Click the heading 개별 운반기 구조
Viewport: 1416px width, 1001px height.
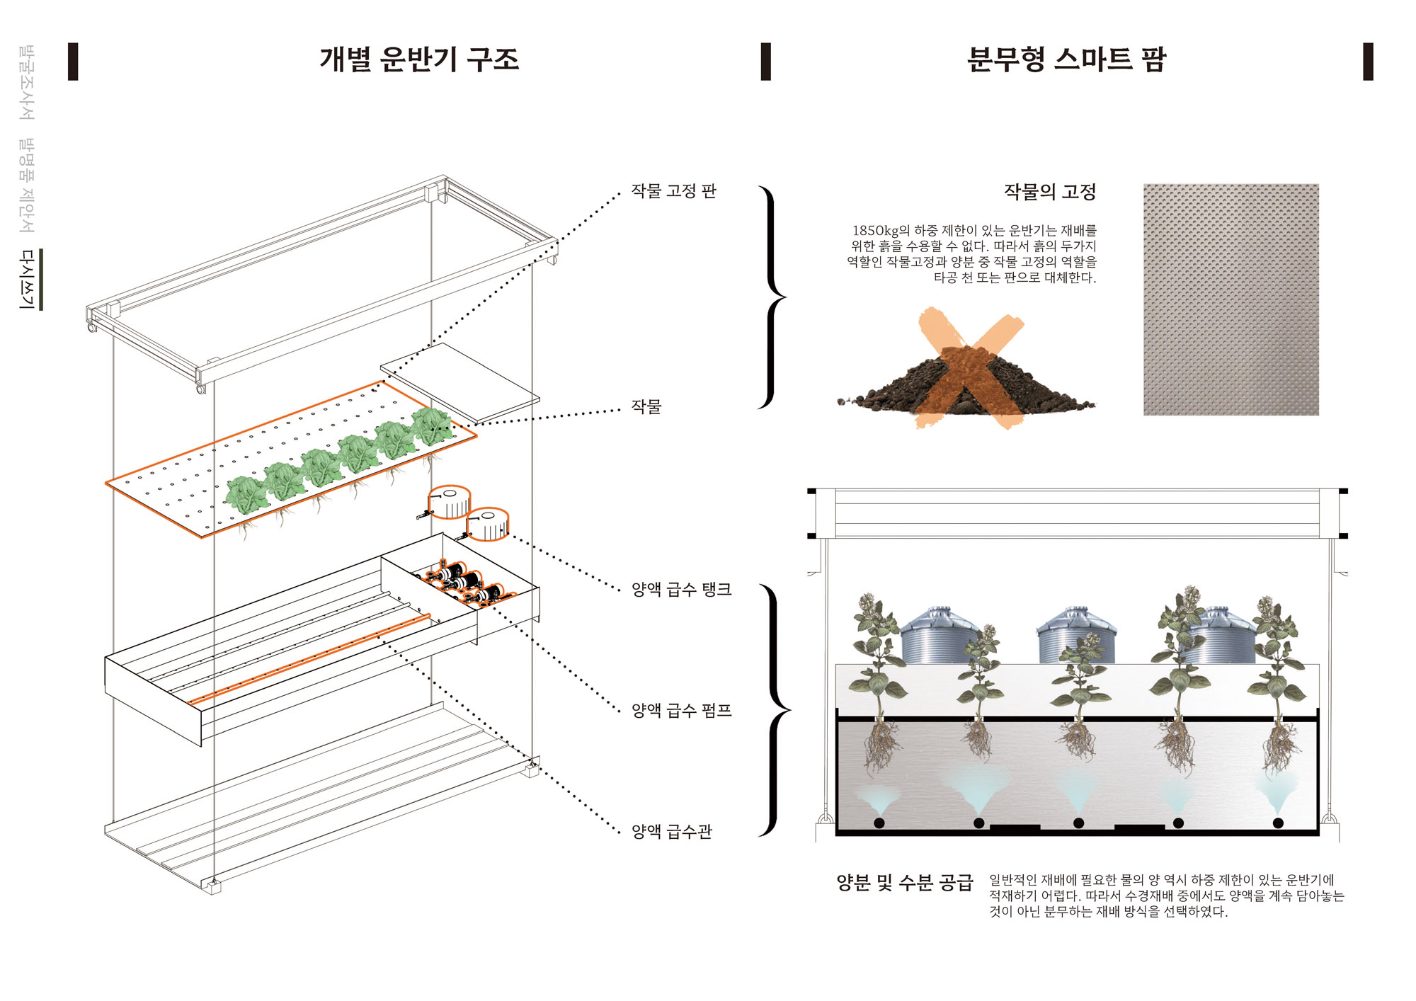[x=419, y=59]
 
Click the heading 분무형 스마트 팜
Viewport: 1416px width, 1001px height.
[x=1066, y=59]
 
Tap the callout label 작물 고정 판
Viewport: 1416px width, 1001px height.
[x=673, y=191]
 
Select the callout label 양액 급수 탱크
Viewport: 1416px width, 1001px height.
[x=681, y=589]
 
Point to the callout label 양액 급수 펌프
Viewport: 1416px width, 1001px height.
[x=681, y=710]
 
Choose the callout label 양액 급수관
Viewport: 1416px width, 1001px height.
[x=671, y=831]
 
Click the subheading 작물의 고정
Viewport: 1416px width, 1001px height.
[x=1049, y=192]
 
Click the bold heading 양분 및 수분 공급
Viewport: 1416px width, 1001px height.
[x=905, y=883]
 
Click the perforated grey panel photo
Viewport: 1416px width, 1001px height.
[x=1231, y=299]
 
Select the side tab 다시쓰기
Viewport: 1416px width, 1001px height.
[x=27, y=279]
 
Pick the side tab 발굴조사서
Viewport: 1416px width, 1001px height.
[x=27, y=82]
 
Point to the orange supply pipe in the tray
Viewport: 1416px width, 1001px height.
[x=309, y=660]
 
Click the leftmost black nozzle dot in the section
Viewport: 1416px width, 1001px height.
[x=879, y=823]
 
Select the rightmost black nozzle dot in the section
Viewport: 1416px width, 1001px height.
[x=1278, y=823]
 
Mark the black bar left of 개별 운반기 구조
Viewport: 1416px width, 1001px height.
[x=73, y=62]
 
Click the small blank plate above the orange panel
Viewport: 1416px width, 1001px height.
[x=459, y=382]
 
